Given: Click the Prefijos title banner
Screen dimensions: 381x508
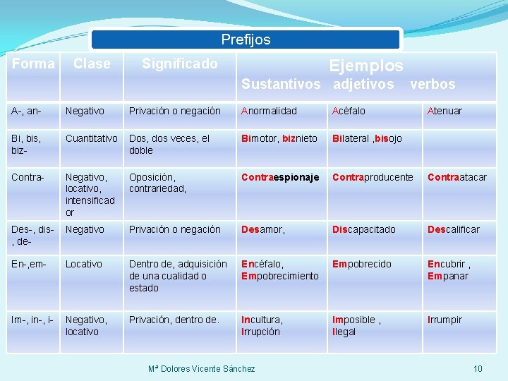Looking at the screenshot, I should coord(246,40).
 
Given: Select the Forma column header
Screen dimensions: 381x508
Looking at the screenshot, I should coord(33,64).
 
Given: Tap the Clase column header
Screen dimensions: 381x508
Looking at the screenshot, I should coord(92,64).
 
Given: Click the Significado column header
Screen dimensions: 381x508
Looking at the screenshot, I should coord(179,64).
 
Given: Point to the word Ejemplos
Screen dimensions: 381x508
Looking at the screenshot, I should coord(366,66).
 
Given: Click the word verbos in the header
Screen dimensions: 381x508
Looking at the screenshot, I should coord(433,84).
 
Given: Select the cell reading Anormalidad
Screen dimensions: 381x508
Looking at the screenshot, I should coord(269,111).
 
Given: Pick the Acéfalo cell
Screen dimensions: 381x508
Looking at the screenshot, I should coord(349,111).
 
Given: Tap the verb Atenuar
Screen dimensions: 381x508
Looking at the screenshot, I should coord(445,111).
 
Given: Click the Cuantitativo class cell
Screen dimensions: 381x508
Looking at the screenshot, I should coord(92,138).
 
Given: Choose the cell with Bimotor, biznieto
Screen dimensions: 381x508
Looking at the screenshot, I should coord(279,138).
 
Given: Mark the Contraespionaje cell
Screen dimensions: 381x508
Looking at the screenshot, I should coord(280,177).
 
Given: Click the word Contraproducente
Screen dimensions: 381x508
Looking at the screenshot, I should coord(373,177).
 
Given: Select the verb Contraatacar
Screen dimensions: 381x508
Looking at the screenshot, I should coord(457,177).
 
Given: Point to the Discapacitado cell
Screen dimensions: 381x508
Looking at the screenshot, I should coord(364,229).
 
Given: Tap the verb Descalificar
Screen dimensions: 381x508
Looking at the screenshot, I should coord(453,229).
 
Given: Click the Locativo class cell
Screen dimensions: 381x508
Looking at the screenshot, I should coord(84,264).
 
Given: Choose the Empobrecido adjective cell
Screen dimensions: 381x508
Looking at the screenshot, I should coord(362,264).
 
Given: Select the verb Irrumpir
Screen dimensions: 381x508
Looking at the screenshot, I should coord(445,320).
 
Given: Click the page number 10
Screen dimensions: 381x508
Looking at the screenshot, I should coord(478,368).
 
